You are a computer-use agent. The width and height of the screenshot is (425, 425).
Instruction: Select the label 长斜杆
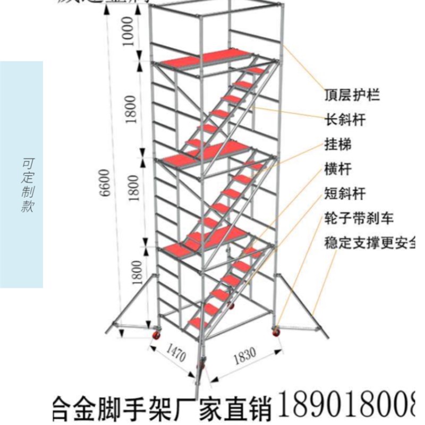pyautogui.click(x=345, y=120)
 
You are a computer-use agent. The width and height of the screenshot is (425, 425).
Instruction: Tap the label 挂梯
pyautogui.click(x=338, y=144)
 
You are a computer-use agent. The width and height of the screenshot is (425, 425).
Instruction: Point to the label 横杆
pyautogui.click(x=338, y=169)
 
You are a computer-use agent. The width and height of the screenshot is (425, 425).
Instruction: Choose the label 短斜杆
pyautogui.click(x=345, y=194)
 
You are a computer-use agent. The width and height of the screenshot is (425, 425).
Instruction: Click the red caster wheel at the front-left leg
pyautogui.click(x=157, y=336)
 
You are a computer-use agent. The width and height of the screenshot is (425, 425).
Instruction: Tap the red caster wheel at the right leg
pyautogui.click(x=276, y=331)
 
